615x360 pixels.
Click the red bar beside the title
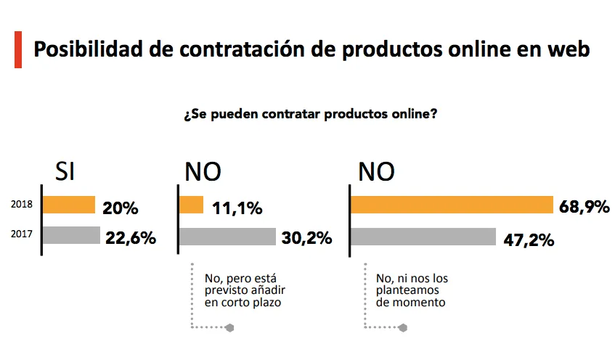click(17, 49)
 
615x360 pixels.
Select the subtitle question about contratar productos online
click(310, 115)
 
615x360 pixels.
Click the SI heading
click(65, 171)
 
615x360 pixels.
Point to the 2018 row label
click(22, 205)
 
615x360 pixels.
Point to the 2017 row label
click(22, 234)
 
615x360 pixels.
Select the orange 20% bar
click(69, 205)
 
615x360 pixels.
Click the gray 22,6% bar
click(71, 235)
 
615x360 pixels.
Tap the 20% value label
click(121, 209)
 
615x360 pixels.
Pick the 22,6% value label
click(131, 237)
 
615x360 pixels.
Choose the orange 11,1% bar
click(191, 205)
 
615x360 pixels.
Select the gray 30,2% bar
click(227, 237)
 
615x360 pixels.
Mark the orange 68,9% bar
click(452, 205)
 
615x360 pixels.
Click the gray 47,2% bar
click(423, 237)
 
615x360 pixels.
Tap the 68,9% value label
click(584, 207)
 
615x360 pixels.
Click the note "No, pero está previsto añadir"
click(240, 290)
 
